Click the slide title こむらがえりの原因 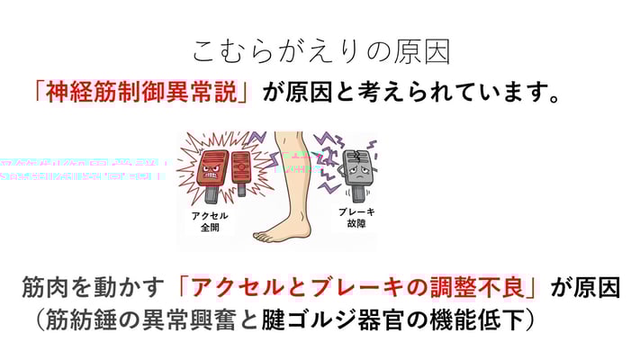tap(320, 50)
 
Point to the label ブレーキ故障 tap(356, 217)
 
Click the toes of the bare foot tap(266, 237)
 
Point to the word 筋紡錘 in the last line tap(77, 319)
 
